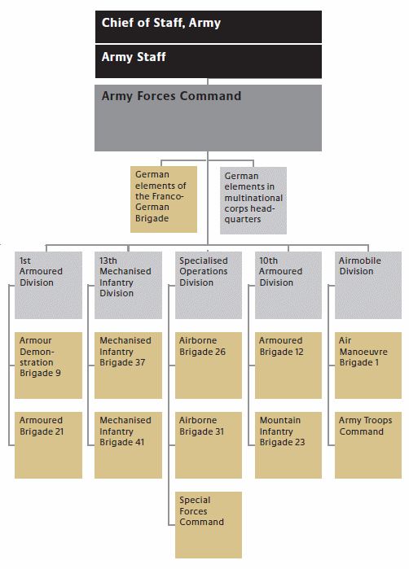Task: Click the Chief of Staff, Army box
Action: (208, 27)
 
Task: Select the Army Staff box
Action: (208, 61)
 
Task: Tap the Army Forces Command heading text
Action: (171, 96)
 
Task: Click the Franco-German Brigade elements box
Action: (164, 199)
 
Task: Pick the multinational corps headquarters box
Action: (253, 200)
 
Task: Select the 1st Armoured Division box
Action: (48, 285)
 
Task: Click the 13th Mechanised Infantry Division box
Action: (128, 285)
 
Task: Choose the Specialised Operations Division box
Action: (209, 285)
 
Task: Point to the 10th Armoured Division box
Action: (288, 285)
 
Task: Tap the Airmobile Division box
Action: (368, 285)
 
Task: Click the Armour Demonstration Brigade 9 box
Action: (48, 365)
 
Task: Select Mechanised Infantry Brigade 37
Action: (128, 365)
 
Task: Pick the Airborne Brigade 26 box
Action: (209, 365)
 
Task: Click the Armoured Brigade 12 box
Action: (288, 365)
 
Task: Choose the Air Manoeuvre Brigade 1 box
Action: (368, 365)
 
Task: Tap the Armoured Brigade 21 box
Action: (48, 445)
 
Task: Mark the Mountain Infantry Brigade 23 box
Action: (288, 445)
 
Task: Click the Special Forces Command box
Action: (209, 525)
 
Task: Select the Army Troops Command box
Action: (368, 445)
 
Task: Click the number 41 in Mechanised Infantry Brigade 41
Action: (140, 442)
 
